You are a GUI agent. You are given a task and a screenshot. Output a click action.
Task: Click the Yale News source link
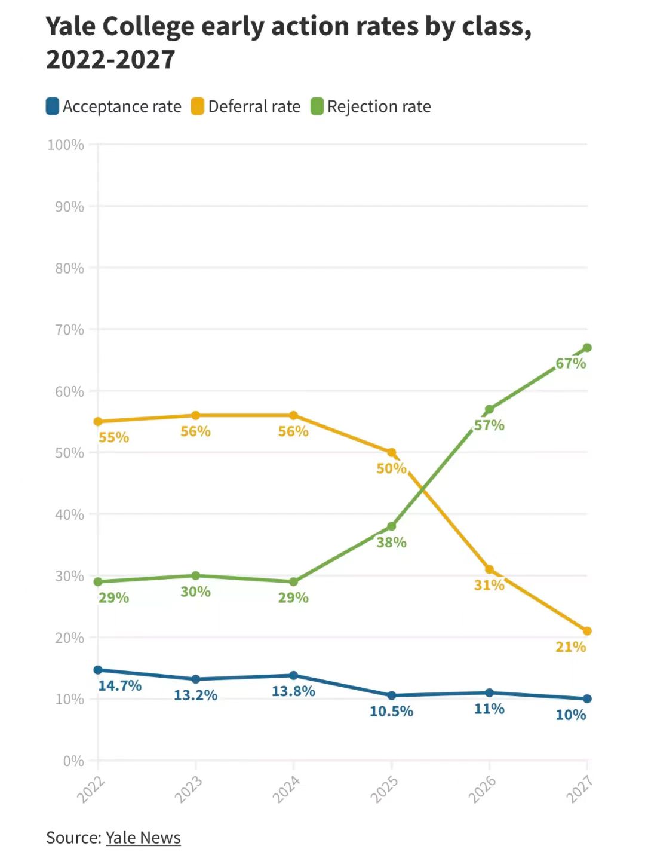click(143, 838)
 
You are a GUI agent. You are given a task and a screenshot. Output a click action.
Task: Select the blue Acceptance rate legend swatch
click(53, 106)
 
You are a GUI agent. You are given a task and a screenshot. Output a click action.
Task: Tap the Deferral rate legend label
click(254, 106)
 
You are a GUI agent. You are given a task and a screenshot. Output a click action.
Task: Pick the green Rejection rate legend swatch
click(317, 106)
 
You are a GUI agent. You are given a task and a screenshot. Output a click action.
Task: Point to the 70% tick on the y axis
click(69, 329)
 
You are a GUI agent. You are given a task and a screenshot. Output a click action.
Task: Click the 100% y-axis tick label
click(66, 145)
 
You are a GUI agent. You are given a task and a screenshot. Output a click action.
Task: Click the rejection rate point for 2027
click(587, 348)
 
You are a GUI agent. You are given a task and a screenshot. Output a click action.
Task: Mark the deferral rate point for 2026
click(489, 569)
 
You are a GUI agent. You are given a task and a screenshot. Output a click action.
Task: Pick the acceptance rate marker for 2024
click(293, 675)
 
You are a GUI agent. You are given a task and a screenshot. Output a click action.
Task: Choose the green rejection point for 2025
click(391, 526)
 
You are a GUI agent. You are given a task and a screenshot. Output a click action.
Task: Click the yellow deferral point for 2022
click(98, 422)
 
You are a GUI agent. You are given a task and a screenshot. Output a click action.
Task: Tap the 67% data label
click(570, 363)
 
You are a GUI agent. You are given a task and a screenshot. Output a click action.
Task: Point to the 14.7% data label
click(119, 685)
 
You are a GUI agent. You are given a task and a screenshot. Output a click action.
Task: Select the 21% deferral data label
click(570, 646)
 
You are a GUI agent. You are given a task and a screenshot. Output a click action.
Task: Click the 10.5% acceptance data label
click(391, 711)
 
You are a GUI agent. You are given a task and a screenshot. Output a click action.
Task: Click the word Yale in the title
click(70, 27)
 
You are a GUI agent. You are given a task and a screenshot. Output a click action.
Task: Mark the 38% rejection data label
click(391, 543)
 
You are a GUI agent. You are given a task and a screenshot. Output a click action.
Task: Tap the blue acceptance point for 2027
click(587, 698)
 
